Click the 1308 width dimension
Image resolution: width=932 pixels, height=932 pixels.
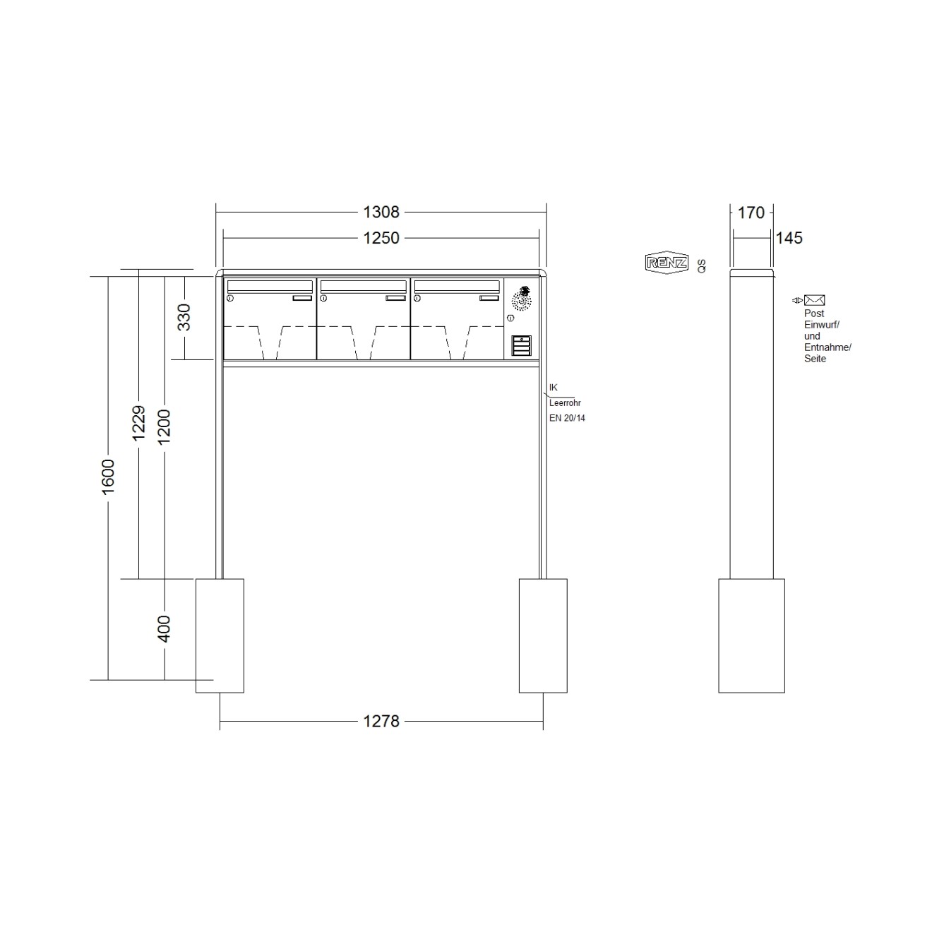click(381, 211)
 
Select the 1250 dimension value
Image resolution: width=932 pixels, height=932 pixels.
click(381, 238)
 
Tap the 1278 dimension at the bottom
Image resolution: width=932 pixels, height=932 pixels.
click(381, 721)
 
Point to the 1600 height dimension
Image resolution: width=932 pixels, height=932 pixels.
click(108, 477)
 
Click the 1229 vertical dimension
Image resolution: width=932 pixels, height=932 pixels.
click(139, 422)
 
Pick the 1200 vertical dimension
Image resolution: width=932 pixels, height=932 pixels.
click(164, 426)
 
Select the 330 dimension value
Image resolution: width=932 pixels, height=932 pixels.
click(184, 317)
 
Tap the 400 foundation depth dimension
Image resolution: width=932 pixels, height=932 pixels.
click(164, 628)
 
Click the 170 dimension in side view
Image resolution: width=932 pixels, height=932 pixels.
click(751, 212)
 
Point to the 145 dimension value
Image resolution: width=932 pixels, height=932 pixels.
click(789, 238)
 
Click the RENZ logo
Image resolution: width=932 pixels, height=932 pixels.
click(667, 263)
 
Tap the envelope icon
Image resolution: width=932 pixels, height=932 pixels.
click(814, 300)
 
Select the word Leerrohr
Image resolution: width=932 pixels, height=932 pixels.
click(565, 402)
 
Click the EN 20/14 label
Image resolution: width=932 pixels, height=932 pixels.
click(567, 418)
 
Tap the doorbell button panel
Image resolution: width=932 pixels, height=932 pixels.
click(520, 346)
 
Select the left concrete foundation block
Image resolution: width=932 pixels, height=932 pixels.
click(220, 635)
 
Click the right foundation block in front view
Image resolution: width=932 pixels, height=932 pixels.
click(543, 635)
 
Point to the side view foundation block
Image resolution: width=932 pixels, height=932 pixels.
click(751, 635)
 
